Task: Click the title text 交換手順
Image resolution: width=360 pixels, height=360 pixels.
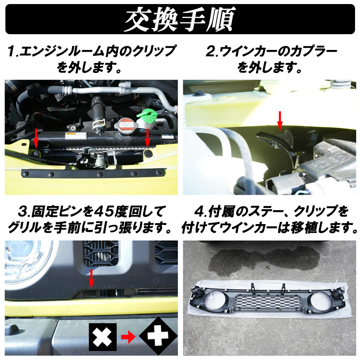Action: pos(180,19)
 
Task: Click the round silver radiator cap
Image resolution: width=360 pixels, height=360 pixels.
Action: pos(125,125)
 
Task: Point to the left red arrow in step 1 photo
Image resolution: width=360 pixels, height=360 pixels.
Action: pos(36,138)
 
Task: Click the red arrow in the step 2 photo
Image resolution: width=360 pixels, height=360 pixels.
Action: pos(279,121)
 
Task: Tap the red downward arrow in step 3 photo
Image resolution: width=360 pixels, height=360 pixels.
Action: pos(91,279)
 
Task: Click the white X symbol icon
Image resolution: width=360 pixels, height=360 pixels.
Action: pos(103,337)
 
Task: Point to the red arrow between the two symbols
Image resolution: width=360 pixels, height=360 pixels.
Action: pos(128,337)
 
